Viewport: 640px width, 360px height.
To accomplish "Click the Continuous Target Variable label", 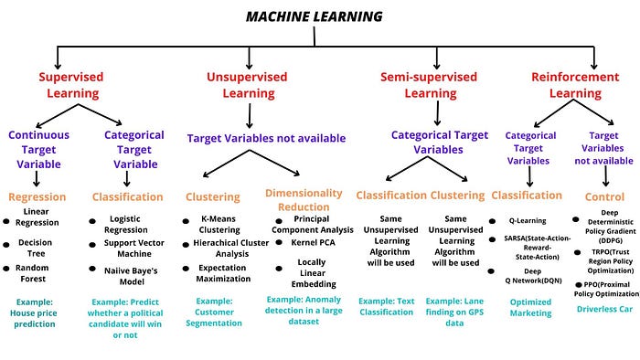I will click(39, 149).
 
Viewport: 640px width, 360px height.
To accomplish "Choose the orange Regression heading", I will click(37, 196).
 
